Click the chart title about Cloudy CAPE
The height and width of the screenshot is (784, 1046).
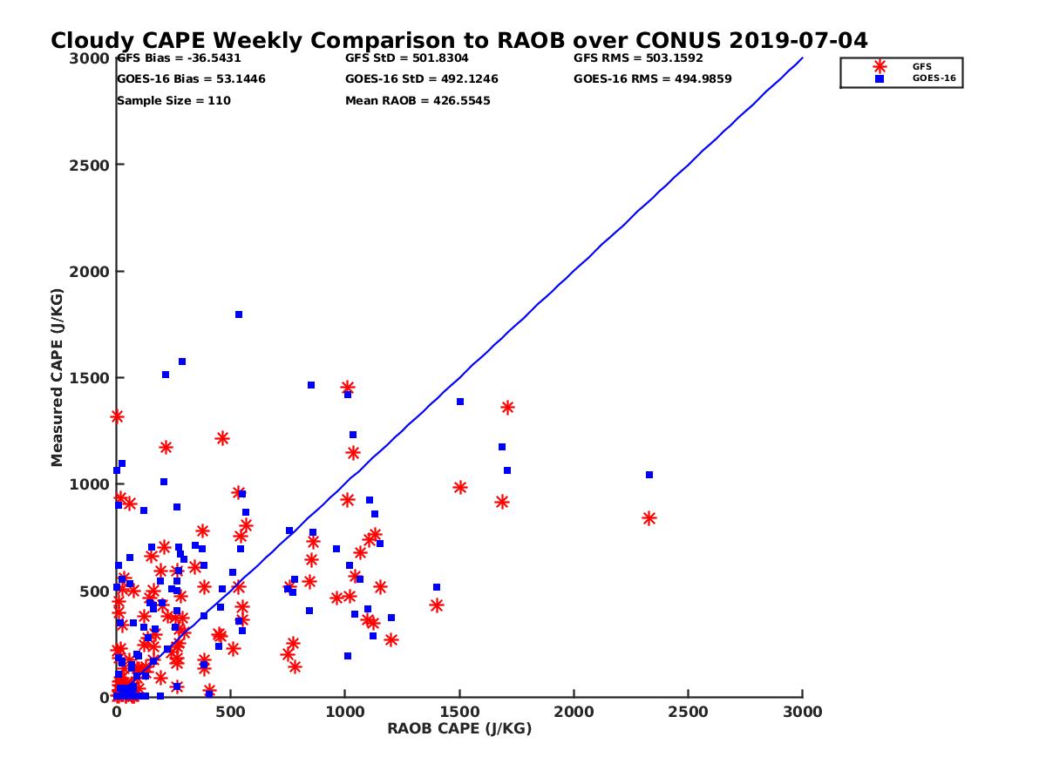(x=458, y=41)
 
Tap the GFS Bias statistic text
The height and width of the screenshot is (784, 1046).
(x=179, y=58)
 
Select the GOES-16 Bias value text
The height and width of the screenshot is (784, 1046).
(x=191, y=79)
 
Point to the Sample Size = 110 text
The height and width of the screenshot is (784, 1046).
(x=173, y=101)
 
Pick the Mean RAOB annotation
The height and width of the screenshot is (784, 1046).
(x=418, y=101)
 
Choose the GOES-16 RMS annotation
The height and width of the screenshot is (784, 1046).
(x=652, y=79)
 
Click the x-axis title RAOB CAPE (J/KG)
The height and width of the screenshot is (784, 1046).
(x=459, y=728)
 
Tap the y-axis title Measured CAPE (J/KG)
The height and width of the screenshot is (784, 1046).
(x=58, y=377)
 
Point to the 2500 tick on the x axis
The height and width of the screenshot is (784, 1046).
(x=689, y=712)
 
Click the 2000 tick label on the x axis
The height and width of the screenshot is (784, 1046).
(x=574, y=712)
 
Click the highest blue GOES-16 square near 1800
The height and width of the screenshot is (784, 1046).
(x=239, y=314)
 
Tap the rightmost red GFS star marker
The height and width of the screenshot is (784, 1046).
(x=649, y=518)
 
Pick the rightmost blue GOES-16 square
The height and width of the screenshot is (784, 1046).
(x=649, y=475)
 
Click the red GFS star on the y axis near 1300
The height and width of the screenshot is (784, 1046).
(x=117, y=416)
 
